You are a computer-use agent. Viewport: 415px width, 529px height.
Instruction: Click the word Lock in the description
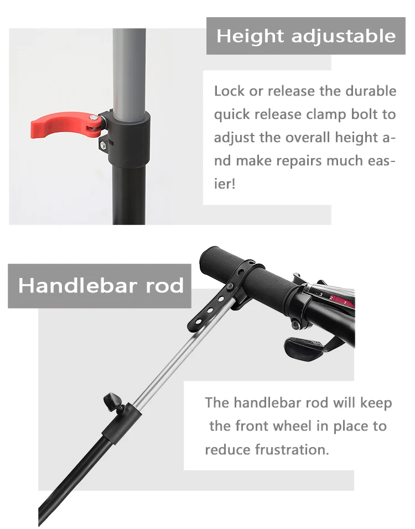pos(229,91)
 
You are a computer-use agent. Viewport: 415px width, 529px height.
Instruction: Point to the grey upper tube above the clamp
pos(129,66)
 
